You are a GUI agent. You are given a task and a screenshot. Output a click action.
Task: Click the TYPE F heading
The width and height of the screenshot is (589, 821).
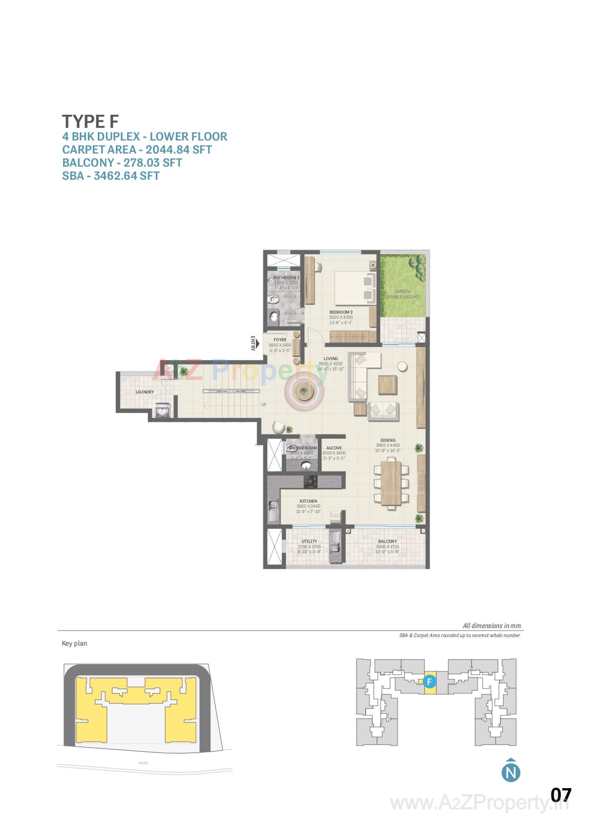pyautogui.click(x=90, y=121)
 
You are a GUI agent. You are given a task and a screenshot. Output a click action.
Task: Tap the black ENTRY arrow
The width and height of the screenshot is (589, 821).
pyautogui.click(x=256, y=343)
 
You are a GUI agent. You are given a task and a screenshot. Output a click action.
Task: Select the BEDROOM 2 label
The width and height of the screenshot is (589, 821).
pyautogui.click(x=341, y=312)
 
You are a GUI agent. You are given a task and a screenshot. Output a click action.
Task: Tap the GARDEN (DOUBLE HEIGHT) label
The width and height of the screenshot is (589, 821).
pyautogui.click(x=402, y=294)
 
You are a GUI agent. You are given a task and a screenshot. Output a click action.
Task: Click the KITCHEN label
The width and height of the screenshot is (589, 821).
pyautogui.click(x=308, y=501)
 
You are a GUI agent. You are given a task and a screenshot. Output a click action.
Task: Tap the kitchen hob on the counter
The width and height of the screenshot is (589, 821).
pyautogui.click(x=311, y=482)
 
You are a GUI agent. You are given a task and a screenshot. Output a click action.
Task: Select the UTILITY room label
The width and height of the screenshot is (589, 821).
pyautogui.click(x=309, y=541)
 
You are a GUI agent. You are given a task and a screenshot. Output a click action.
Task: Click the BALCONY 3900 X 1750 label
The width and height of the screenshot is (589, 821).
pyautogui.click(x=388, y=546)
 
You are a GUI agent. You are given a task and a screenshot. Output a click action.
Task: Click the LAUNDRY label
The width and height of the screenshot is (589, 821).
pyautogui.click(x=145, y=392)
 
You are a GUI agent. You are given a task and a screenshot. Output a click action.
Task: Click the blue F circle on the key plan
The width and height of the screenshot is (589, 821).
pyautogui.click(x=429, y=682)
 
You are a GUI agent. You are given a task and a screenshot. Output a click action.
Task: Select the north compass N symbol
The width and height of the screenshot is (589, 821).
pyautogui.click(x=511, y=773)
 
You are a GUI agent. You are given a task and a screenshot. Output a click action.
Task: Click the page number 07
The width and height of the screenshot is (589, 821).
pyautogui.click(x=561, y=795)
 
